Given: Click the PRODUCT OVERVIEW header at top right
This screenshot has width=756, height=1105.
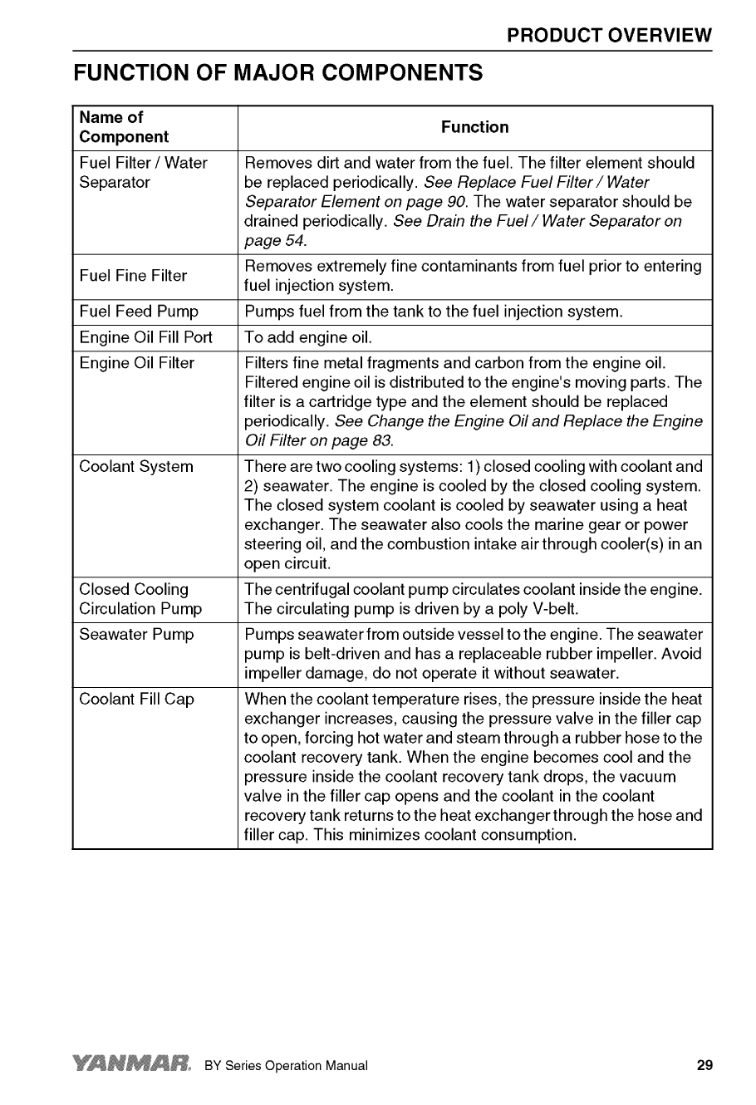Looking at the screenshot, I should click(609, 36).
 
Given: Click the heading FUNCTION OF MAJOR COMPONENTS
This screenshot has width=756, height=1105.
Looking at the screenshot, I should click(277, 73).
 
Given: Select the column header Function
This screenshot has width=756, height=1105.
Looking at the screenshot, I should click(474, 127).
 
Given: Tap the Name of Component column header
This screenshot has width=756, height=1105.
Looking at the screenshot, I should click(124, 127).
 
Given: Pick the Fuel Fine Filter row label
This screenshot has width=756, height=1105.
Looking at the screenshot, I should click(133, 276).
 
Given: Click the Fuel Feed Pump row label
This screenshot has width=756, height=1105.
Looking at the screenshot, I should click(139, 312).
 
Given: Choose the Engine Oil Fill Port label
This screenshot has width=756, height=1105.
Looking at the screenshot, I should click(145, 337).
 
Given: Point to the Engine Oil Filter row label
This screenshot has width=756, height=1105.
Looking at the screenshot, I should click(136, 363).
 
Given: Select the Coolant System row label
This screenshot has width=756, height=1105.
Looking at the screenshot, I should click(135, 467).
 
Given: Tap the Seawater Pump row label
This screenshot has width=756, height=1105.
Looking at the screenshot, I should click(135, 635).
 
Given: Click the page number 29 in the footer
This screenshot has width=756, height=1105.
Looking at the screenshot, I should click(704, 1066).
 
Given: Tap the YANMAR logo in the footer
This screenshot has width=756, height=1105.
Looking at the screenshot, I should click(132, 1065).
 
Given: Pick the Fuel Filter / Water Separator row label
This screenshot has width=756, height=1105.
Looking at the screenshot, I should click(143, 172).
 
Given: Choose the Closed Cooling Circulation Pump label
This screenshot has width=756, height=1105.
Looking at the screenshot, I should click(140, 599).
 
